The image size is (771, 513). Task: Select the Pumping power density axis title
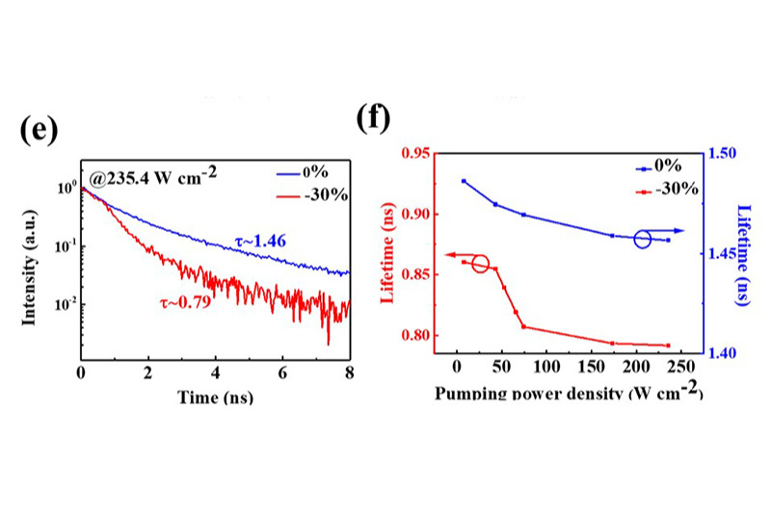click(569, 394)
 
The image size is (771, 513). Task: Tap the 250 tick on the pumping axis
click(680, 368)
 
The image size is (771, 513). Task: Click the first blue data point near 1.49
click(464, 181)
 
